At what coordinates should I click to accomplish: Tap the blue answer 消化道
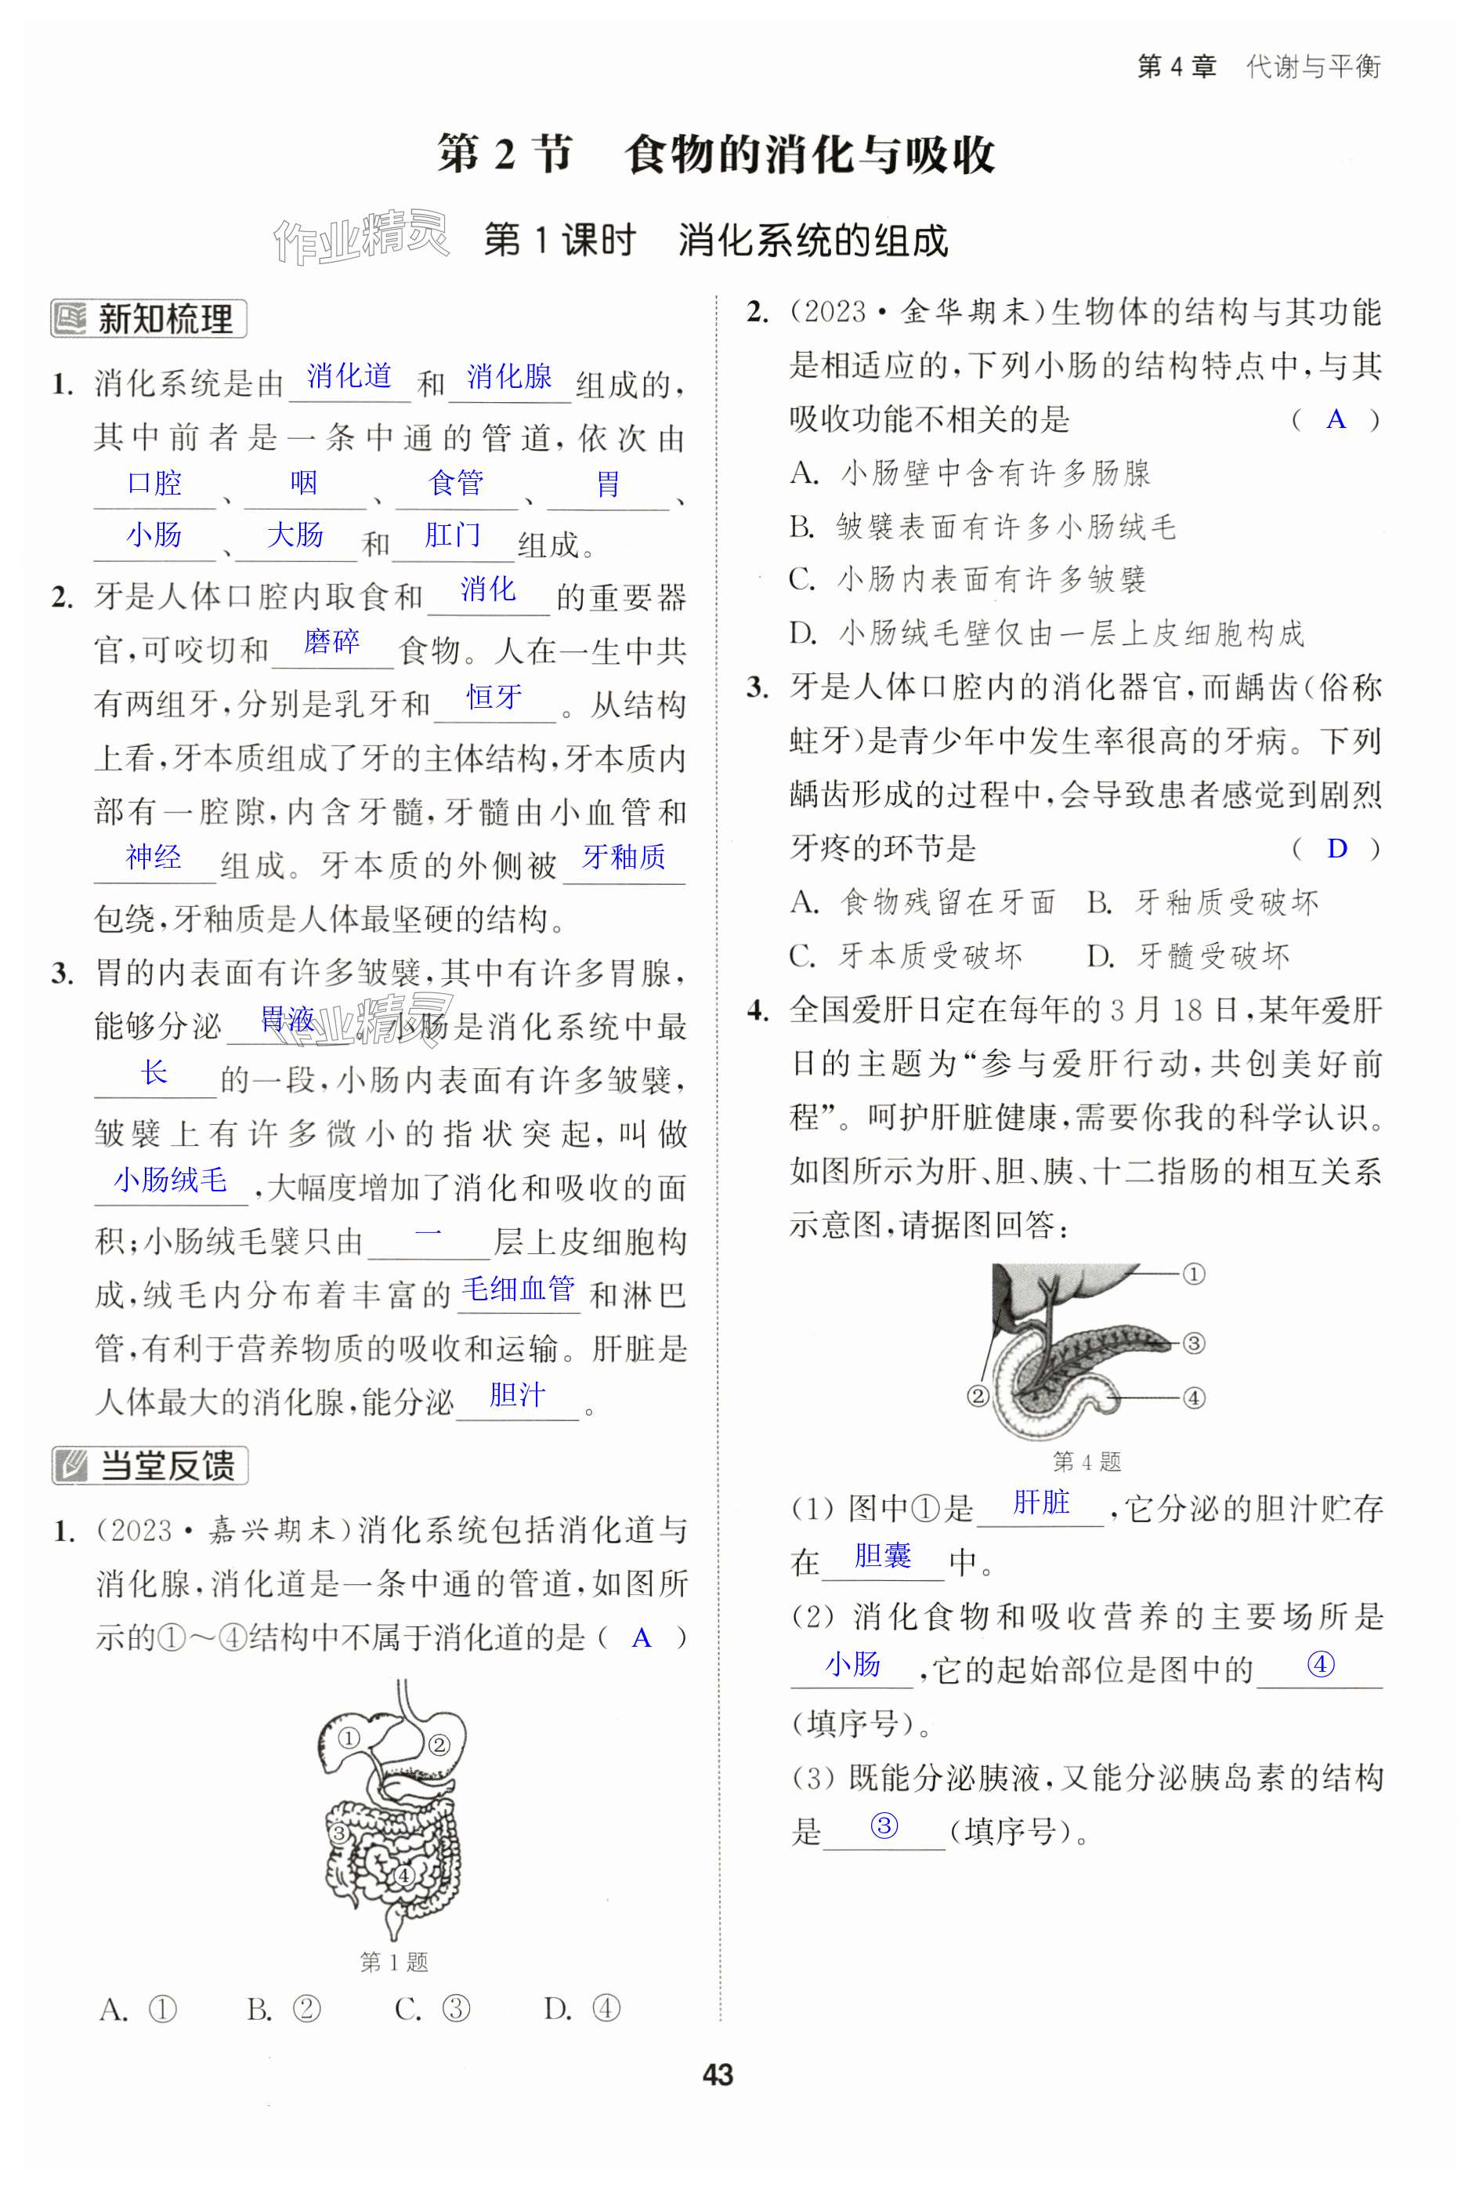[x=349, y=376]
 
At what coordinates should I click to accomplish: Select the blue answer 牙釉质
[x=624, y=857]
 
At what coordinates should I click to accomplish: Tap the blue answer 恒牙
[x=494, y=698]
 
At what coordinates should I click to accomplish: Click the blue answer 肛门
[x=453, y=535]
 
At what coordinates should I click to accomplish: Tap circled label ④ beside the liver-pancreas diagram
[x=1194, y=1398]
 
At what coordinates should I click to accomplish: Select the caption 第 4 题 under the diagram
[x=1087, y=1462]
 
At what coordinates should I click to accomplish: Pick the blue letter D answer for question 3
[x=1336, y=848]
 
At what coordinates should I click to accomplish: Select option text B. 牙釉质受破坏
[x=1202, y=903]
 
